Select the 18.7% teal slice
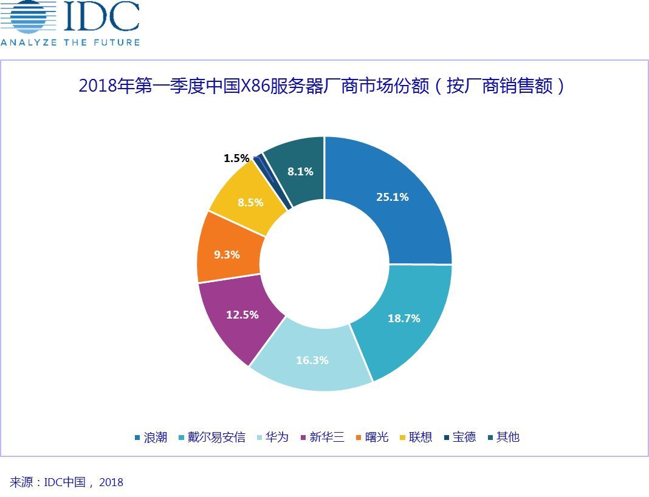pyautogui.click(x=404, y=319)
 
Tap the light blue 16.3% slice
pyautogui.click(x=312, y=360)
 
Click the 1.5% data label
pyautogui.click(x=236, y=158)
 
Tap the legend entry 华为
pyautogui.click(x=277, y=437)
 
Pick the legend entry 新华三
pyautogui.click(x=327, y=437)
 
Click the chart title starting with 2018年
pyautogui.click(x=322, y=86)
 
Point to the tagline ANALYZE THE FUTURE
pyautogui.click(x=70, y=42)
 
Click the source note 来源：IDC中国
pyautogui.click(x=66, y=482)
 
